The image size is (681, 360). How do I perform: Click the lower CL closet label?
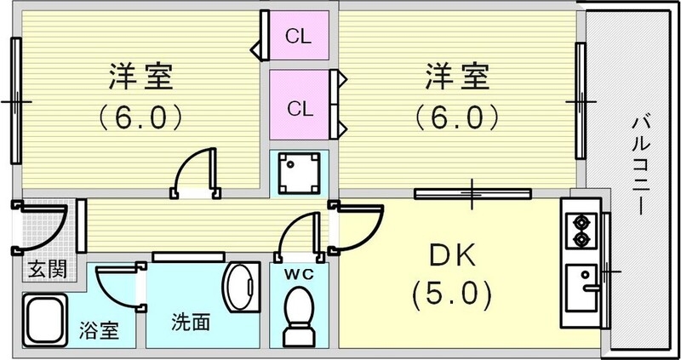pos(298,108)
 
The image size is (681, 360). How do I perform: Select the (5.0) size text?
pos(451,295)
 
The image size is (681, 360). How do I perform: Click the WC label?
pos(297,273)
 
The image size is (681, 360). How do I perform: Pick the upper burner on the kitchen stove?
pos(581,222)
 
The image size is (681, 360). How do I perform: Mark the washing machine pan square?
pos(298,173)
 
